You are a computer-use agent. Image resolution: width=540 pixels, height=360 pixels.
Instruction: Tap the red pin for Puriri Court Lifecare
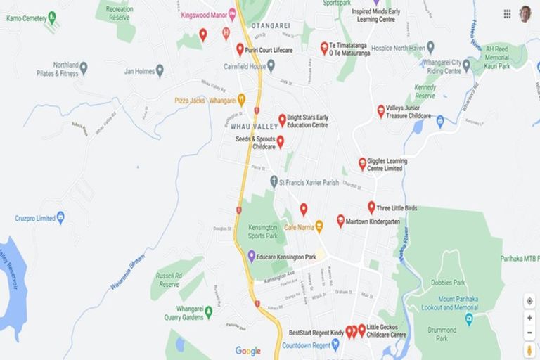[240, 49]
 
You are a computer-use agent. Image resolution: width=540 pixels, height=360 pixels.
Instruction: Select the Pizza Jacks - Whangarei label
[205, 101]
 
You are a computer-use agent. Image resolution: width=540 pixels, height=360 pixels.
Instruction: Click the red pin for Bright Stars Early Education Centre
[282, 120]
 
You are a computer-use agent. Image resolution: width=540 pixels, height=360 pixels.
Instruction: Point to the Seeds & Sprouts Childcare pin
[280, 142]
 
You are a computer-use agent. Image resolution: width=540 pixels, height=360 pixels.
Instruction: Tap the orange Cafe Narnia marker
[319, 226]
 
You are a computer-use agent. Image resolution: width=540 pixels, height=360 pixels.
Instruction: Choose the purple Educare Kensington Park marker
[252, 256]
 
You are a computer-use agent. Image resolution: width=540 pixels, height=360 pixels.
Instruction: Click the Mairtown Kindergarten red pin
[340, 221]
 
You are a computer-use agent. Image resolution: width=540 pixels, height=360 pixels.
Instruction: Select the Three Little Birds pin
[371, 207]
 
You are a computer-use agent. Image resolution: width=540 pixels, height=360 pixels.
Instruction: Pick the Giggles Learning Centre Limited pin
[362, 163]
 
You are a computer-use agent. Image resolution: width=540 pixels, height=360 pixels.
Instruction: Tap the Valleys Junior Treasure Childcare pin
[381, 111]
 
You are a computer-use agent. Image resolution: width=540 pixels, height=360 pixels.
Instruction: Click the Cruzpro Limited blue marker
[60, 218]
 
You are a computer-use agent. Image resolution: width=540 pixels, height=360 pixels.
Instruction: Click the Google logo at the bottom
[247, 351]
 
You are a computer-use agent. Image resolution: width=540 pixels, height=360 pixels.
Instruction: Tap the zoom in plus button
[529, 317]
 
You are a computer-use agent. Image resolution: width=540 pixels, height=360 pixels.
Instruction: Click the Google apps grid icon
[507, 13]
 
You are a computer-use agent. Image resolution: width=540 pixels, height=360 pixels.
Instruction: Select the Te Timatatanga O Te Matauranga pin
[324, 47]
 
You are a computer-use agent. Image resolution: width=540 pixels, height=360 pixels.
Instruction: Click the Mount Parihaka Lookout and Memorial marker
[469, 319]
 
